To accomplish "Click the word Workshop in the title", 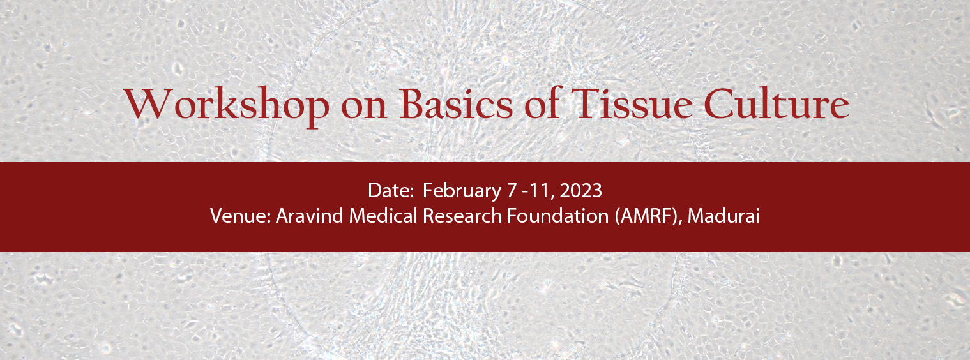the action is click(227, 104).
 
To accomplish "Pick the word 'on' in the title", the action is click(364, 108).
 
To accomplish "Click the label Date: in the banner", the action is click(391, 191).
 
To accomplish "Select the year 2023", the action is click(580, 191).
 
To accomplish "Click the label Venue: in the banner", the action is click(241, 216).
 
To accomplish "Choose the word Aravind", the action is click(310, 216).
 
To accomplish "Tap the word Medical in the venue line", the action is click(383, 216).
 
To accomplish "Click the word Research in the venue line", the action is click(462, 216).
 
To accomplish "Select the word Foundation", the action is click(558, 216).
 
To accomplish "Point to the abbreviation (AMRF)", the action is click(649, 216).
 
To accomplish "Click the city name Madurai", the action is click(724, 216).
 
